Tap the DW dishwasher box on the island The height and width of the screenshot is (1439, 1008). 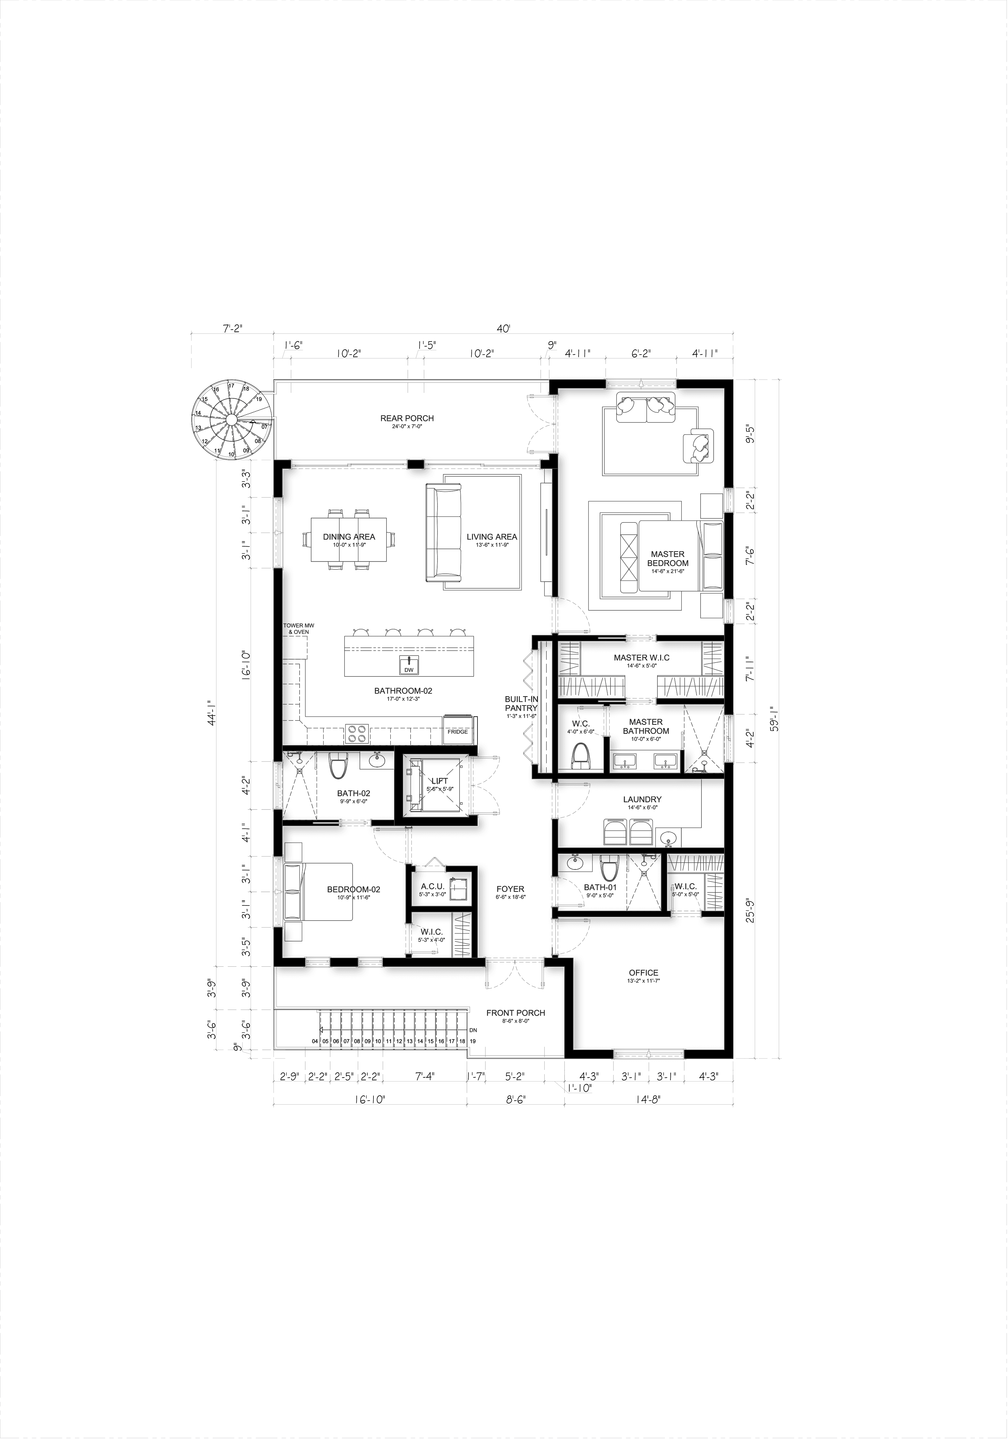[x=409, y=670]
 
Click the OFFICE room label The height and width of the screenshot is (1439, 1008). [x=644, y=973]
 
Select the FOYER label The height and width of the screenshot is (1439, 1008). [x=510, y=889]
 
